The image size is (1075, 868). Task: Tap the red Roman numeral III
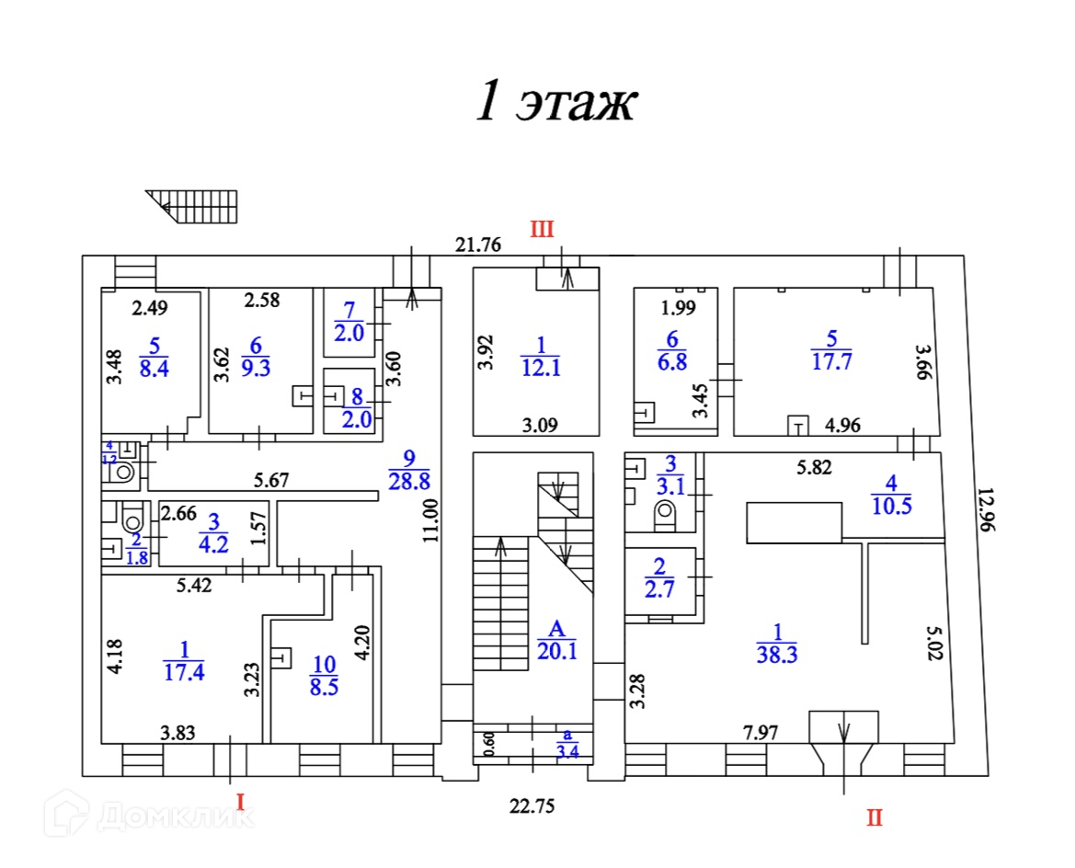(x=541, y=230)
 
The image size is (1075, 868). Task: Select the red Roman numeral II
(x=873, y=817)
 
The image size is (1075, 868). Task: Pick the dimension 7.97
(x=760, y=733)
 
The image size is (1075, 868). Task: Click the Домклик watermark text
(x=175, y=814)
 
